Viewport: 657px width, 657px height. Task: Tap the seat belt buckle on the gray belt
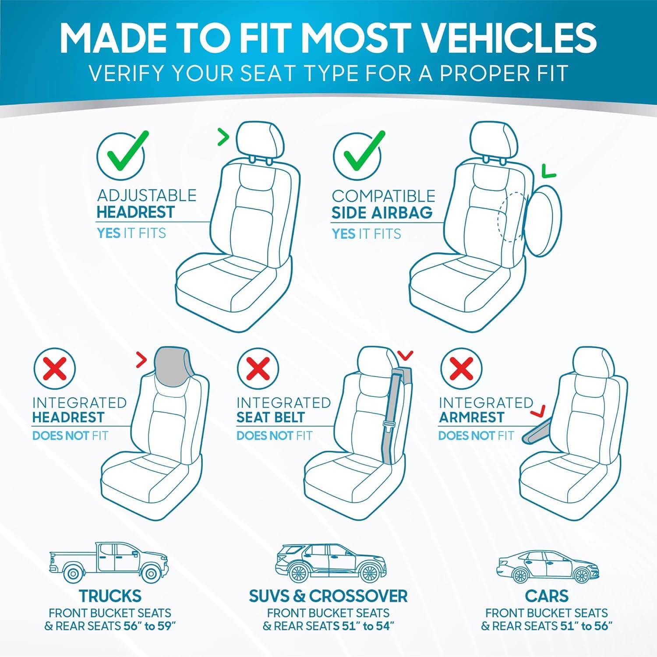[x=388, y=424]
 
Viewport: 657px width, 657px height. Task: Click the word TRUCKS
[x=110, y=596]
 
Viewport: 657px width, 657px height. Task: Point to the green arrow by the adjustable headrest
[x=224, y=138]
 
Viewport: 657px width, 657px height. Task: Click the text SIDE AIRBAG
[x=381, y=213]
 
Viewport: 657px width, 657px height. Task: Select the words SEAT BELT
[x=270, y=417]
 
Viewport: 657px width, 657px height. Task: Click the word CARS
[x=547, y=596]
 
